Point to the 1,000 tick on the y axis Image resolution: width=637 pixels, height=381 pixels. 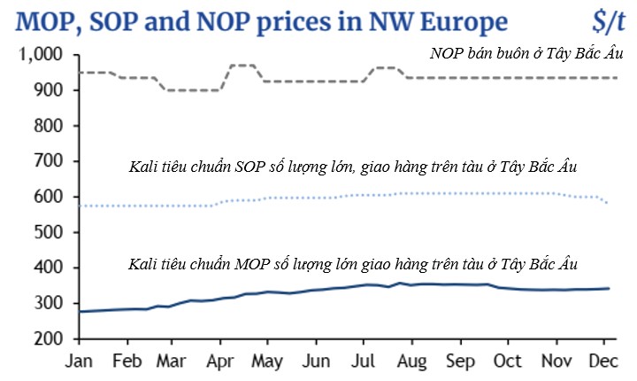click(x=39, y=55)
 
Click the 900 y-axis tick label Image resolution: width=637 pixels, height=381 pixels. click(x=45, y=90)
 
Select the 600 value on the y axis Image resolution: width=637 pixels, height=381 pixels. click(x=45, y=197)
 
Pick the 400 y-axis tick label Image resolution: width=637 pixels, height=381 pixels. click(x=45, y=268)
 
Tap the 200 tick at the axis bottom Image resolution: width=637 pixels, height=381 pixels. click(x=45, y=338)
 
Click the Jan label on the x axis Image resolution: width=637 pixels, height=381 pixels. click(x=81, y=362)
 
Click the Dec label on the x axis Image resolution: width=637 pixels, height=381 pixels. click(x=604, y=362)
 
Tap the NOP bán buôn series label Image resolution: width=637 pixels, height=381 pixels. click(x=527, y=55)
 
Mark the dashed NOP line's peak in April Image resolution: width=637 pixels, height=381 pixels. click(x=242, y=65)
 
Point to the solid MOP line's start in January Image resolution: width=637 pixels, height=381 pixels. click(x=81, y=311)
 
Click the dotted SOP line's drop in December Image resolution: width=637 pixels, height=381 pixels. click(x=606, y=203)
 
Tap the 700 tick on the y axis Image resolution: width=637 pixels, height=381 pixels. click(x=45, y=161)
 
